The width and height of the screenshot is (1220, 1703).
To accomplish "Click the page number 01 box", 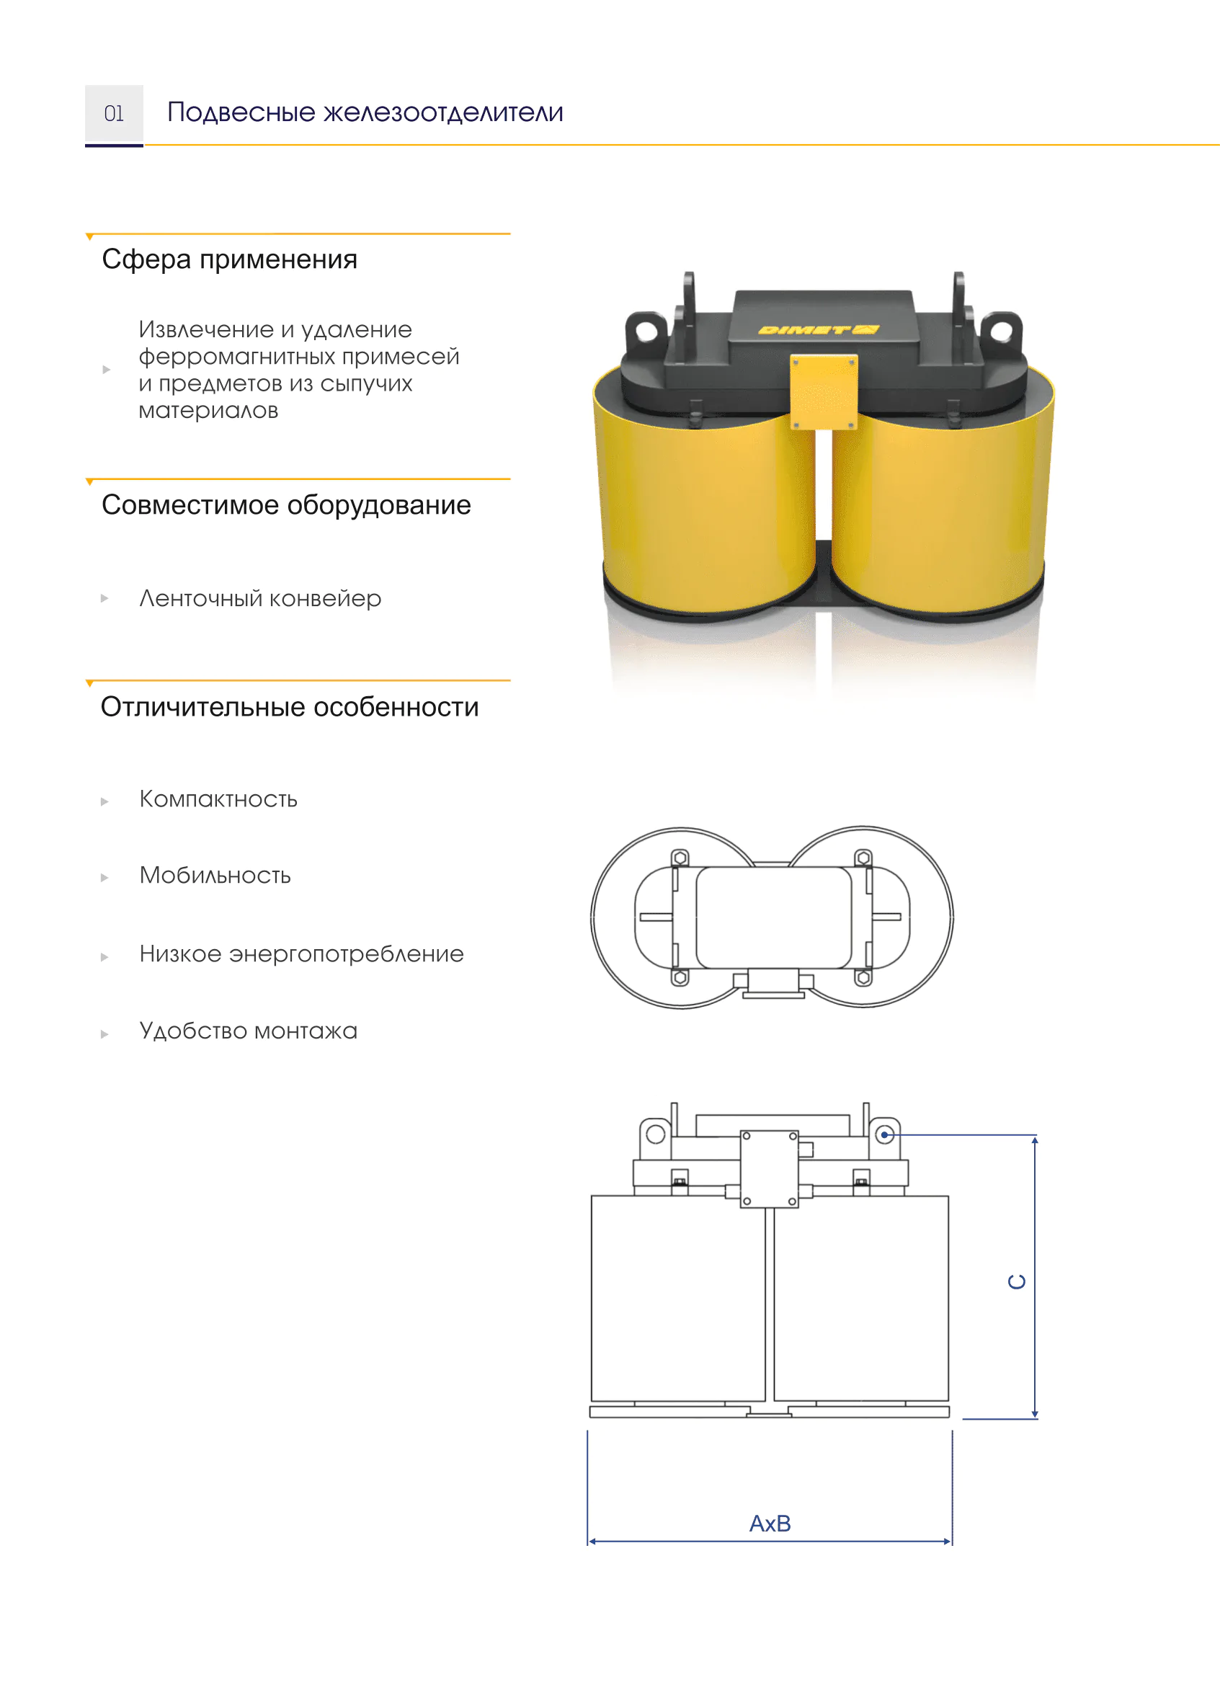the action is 114,115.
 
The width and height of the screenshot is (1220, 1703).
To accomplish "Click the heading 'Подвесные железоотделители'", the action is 365,112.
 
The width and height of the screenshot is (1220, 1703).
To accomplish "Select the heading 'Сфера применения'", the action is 230,259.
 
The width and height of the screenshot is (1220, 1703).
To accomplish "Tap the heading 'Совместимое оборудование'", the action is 286,505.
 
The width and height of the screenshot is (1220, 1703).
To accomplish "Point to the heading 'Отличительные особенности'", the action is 290,707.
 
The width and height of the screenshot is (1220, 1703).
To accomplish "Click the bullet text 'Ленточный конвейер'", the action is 261,599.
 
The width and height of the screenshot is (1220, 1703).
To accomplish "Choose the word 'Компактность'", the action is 218,799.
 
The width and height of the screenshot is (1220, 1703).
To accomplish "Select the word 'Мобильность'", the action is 215,876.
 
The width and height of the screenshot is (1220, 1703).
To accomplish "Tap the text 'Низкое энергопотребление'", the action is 302,954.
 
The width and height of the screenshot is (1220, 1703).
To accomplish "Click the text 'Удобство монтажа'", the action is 249,1031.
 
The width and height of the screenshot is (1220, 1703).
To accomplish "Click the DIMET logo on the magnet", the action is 819,329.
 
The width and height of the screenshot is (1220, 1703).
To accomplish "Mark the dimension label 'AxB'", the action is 770,1524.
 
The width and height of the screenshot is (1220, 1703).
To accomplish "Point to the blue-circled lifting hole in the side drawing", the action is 885,1134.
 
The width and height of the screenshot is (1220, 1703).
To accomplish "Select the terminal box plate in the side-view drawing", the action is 770,1168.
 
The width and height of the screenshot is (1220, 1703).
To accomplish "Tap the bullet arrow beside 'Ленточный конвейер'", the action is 105,598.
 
